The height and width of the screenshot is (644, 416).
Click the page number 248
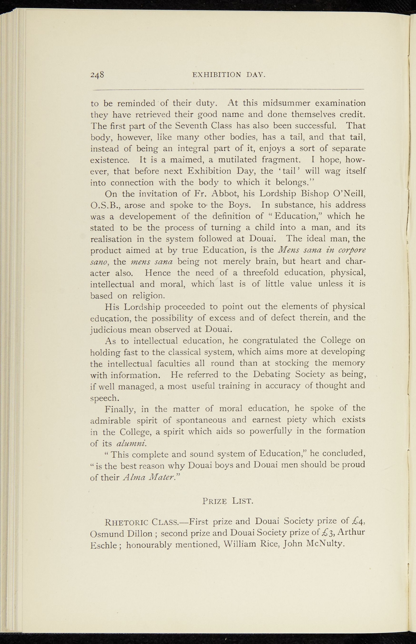coord(97,75)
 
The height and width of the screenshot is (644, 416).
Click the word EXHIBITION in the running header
coord(216,75)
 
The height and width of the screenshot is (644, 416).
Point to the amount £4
coord(358,522)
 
